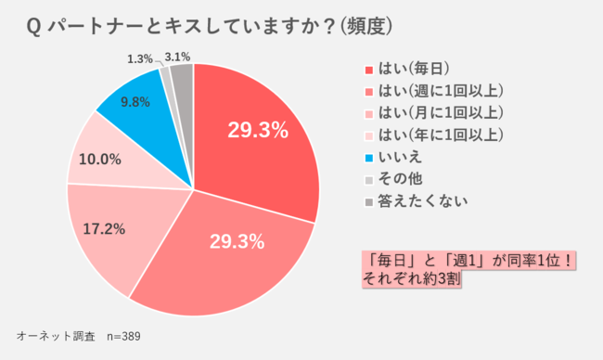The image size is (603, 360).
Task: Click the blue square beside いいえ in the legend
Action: [368, 158]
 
